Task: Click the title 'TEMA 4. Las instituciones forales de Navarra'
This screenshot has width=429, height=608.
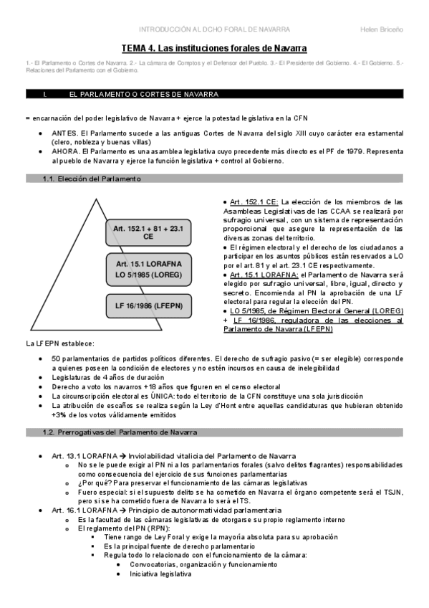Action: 213,48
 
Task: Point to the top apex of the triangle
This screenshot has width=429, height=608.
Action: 93,198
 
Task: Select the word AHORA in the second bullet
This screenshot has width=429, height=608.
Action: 65,153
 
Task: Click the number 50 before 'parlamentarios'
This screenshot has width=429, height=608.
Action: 56,358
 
